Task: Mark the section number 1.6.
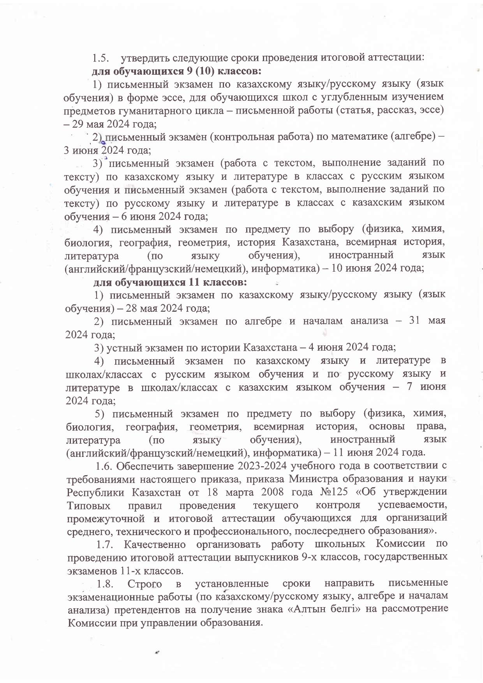[x=104, y=466]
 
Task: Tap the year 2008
[x=274, y=492]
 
